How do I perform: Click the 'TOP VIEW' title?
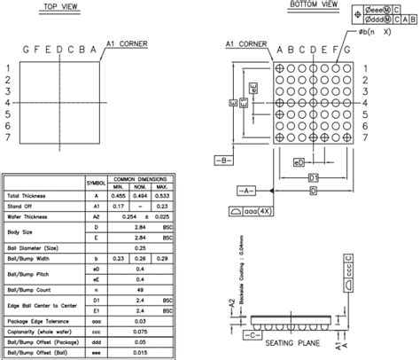(61, 6)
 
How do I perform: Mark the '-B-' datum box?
(223, 160)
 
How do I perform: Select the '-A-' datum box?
(247, 190)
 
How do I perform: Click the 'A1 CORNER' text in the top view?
(127, 43)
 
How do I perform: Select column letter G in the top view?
(26, 50)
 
